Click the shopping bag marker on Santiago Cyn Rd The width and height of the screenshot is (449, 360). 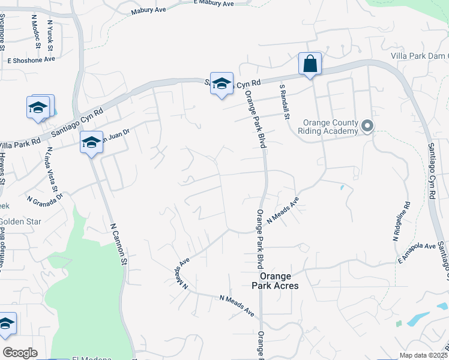click(310, 64)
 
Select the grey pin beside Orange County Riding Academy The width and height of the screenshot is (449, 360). click(367, 126)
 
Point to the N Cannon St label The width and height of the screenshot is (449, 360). click(119, 244)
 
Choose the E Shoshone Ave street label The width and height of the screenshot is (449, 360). click(31, 60)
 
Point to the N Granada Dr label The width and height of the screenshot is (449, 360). click(44, 197)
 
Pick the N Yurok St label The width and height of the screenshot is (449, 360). click(50, 34)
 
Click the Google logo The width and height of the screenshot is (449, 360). click(20, 353)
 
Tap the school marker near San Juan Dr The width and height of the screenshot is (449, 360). click(91, 143)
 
